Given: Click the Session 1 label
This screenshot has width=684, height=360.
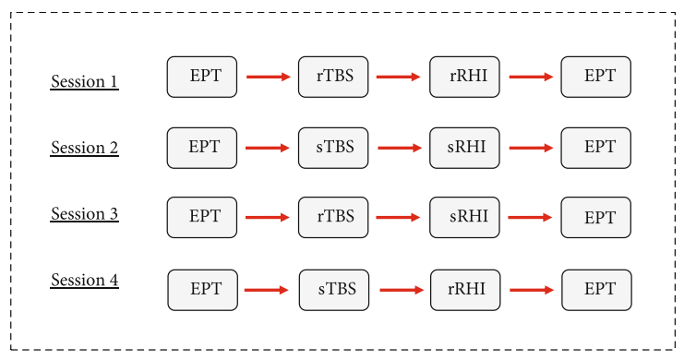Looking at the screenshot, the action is [84, 81].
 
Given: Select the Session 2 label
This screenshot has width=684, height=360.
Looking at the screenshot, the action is [84, 148].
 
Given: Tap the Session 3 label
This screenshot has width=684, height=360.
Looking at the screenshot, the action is [84, 213].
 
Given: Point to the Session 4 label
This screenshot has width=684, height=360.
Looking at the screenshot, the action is [84, 280].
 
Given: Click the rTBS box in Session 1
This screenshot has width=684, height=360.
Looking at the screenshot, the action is [333, 77].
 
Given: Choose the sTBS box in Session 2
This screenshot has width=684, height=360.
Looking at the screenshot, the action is [333, 148].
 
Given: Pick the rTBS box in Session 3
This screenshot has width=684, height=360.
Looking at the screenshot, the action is [333, 217].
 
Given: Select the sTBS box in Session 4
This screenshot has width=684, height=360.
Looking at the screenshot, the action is [334, 290].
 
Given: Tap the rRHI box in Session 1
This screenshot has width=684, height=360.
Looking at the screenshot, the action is [464, 77].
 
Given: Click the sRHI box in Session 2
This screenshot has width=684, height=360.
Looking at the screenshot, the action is [464, 148].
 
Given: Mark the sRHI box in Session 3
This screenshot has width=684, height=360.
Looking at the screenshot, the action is [464, 217].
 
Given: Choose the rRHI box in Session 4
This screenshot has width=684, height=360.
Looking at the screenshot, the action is [465, 290].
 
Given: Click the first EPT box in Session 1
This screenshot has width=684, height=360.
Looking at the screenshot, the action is [202, 77].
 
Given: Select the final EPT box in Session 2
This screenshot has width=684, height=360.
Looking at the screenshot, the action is [596, 148].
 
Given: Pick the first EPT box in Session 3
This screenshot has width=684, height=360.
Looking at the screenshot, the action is [202, 217].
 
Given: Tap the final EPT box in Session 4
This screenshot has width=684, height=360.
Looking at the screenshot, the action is [596, 290].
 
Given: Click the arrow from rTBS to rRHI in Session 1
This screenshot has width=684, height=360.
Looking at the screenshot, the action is [398, 77].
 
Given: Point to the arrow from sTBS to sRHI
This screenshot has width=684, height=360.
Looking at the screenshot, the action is [400, 148].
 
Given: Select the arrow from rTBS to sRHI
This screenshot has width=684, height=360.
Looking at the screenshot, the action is [398, 217].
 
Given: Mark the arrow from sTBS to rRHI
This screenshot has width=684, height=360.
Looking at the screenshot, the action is [402, 290].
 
